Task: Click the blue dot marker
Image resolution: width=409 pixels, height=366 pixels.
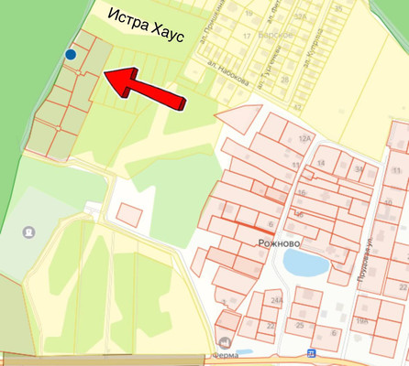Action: [71, 55]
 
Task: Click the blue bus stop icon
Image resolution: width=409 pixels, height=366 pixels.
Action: [311, 353]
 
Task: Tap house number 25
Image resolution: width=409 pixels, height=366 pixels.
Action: [300, 325]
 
